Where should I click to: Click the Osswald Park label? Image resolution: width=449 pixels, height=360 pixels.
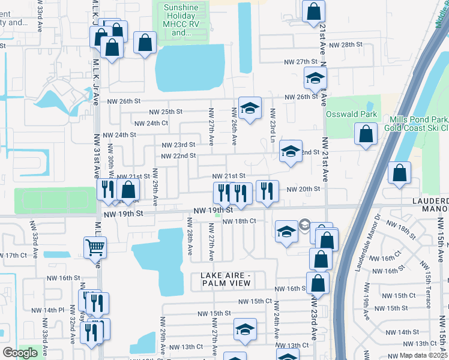point(351,114)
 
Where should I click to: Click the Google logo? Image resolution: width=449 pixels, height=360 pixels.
point(20,353)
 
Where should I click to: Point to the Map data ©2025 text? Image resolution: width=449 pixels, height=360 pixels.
point(424,355)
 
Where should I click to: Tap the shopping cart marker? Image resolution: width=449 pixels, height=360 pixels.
point(95,247)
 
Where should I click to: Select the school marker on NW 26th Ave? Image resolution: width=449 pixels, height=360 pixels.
point(250,108)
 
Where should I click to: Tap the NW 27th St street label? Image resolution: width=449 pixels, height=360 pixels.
point(300,62)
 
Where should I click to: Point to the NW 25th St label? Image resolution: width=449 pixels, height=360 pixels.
point(166,112)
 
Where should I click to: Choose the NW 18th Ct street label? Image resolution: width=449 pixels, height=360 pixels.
point(240,221)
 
